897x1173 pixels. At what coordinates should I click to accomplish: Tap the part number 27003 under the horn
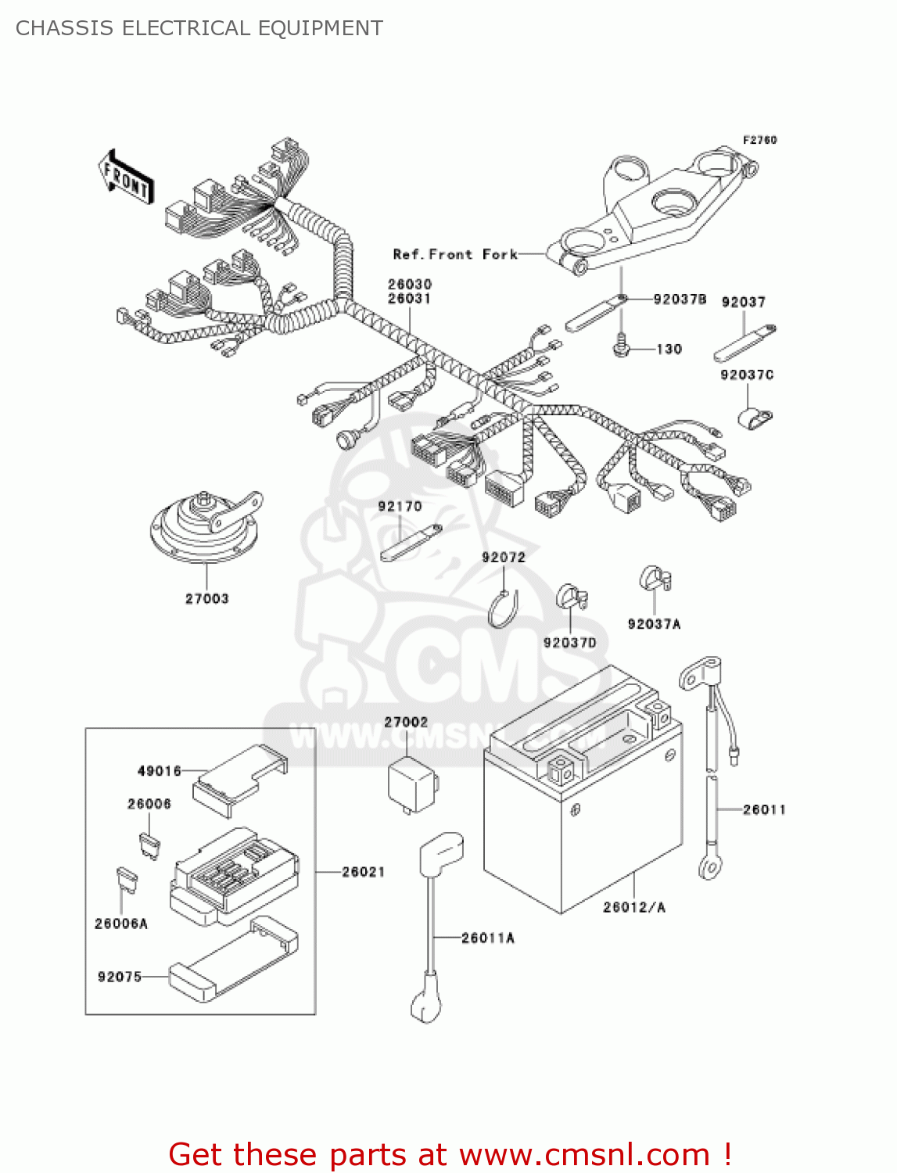pyautogui.click(x=206, y=599)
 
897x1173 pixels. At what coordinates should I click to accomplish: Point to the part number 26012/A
pyautogui.click(x=634, y=907)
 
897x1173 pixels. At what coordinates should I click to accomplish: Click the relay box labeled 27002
pyautogui.click(x=412, y=783)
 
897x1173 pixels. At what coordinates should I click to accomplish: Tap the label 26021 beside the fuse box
pyautogui.click(x=363, y=872)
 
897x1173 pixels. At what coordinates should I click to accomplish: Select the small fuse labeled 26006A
pyautogui.click(x=127, y=881)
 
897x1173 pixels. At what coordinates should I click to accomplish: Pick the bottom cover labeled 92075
pyautogui.click(x=233, y=959)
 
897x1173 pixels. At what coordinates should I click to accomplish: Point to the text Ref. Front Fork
pyautogui.click(x=455, y=255)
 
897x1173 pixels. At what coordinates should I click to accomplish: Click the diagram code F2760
pyautogui.click(x=759, y=140)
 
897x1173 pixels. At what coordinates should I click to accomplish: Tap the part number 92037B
pyautogui.click(x=680, y=300)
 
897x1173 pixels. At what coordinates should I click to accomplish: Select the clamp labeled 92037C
pyautogui.click(x=754, y=418)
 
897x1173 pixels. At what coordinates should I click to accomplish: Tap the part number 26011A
pyautogui.click(x=488, y=938)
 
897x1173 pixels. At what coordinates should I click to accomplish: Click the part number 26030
pyautogui.click(x=410, y=285)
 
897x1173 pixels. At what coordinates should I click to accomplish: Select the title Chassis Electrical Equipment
pyautogui.click(x=199, y=28)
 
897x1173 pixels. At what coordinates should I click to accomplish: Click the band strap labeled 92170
pyautogui.click(x=411, y=543)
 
